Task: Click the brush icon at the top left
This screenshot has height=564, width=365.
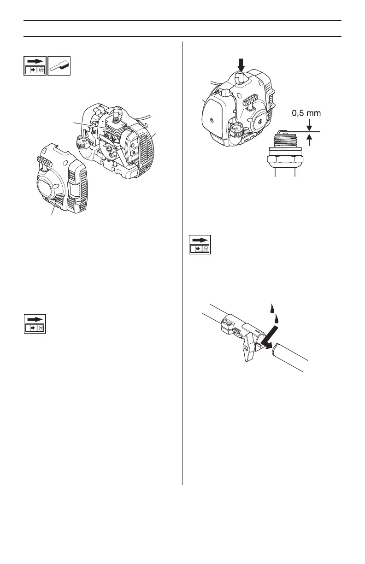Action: (x=59, y=66)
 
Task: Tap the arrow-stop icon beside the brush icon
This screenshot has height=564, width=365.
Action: (x=35, y=66)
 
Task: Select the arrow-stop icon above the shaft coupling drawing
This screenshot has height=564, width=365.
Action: (x=200, y=245)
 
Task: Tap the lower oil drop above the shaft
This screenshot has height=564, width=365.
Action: (x=277, y=318)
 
